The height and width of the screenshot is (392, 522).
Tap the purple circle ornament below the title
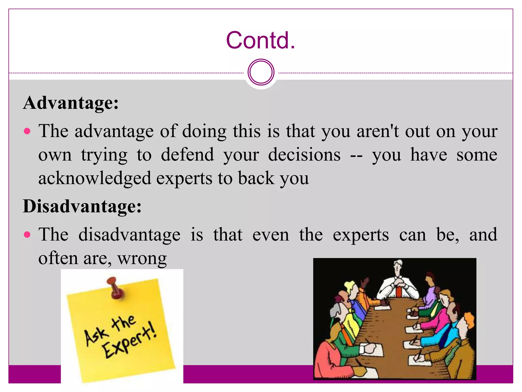tap(261, 72)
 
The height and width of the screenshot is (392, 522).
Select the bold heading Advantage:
tap(71, 103)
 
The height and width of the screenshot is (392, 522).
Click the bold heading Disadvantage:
tap(82, 206)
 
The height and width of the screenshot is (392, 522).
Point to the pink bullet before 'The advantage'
tap(27, 131)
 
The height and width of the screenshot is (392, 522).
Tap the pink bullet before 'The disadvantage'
tap(27, 235)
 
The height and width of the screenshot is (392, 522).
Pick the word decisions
tap(304, 155)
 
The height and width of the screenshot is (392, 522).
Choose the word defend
tap(187, 155)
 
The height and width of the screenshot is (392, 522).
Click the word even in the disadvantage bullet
tap(271, 235)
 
